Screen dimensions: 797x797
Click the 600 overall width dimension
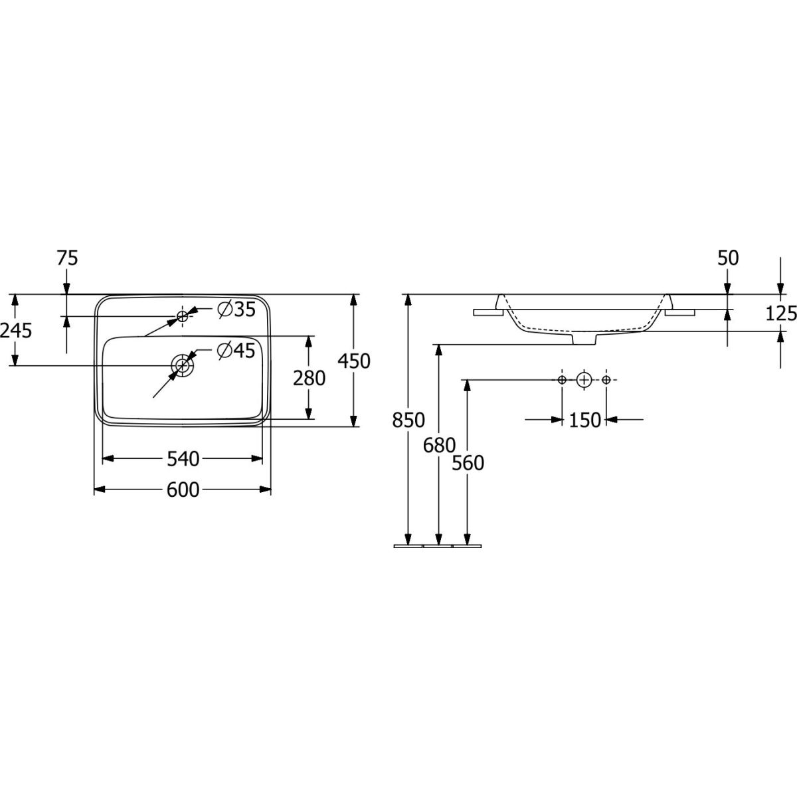pos(183,489)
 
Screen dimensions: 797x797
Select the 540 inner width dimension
pos(183,458)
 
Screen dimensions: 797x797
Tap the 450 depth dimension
pos(353,361)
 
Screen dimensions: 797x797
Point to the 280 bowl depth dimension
pos(310,378)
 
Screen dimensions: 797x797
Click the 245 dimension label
pos(16,330)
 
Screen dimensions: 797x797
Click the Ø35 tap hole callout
pos(236,309)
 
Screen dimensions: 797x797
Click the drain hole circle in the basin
pos(182,365)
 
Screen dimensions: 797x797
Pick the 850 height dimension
pos(408,420)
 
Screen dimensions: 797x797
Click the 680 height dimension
pos(439,444)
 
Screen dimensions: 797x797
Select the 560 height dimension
pos(468,463)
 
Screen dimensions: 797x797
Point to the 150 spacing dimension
pos(584,420)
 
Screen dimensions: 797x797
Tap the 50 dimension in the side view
pos(728,258)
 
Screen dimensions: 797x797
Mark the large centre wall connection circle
pos(584,380)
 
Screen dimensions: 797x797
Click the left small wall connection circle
pos(562,380)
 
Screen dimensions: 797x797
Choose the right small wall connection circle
pos(606,380)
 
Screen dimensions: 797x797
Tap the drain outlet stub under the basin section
pos(584,339)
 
